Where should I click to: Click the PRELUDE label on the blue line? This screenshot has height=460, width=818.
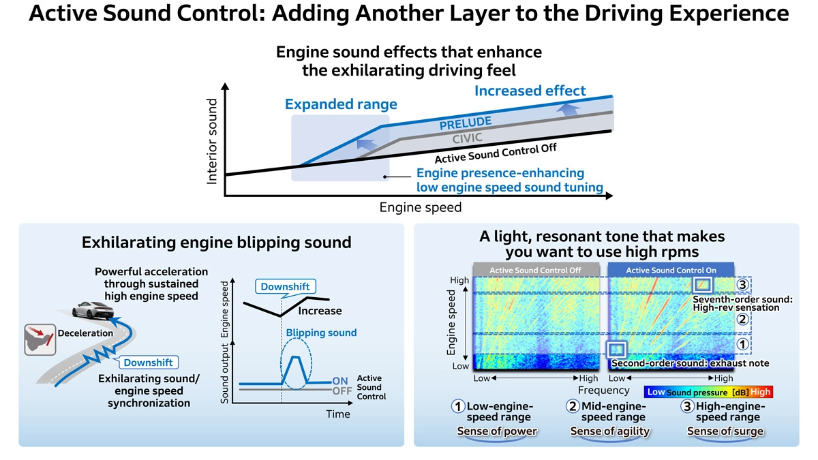[x=466, y=123]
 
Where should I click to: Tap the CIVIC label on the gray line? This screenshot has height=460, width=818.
[x=468, y=138]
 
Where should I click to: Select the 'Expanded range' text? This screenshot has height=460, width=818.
[x=341, y=104]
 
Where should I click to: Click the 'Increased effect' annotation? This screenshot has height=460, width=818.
[x=530, y=91]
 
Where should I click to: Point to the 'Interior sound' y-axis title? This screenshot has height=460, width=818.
[x=212, y=141]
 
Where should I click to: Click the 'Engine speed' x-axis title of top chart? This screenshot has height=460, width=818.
[x=420, y=207]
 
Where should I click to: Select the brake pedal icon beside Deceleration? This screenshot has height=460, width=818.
[x=38, y=339]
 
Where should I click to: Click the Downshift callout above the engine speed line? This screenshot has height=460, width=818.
[x=286, y=287]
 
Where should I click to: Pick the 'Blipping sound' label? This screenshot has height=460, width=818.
[x=321, y=333]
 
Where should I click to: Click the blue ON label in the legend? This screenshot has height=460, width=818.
[x=340, y=381]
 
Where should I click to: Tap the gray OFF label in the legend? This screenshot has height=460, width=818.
[x=342, y=391]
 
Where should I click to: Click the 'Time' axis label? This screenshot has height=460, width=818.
[x=337, y=414]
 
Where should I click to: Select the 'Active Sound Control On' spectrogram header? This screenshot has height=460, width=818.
[x=671, y=270]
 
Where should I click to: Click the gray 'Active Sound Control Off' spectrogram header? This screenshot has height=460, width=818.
[x=535, y=270]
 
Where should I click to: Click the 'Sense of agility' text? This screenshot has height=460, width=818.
[x=609, y=431]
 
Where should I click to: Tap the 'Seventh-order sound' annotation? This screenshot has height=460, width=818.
[x=742, y=299]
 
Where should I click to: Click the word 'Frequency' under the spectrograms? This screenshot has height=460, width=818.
[x=604, y=390]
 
